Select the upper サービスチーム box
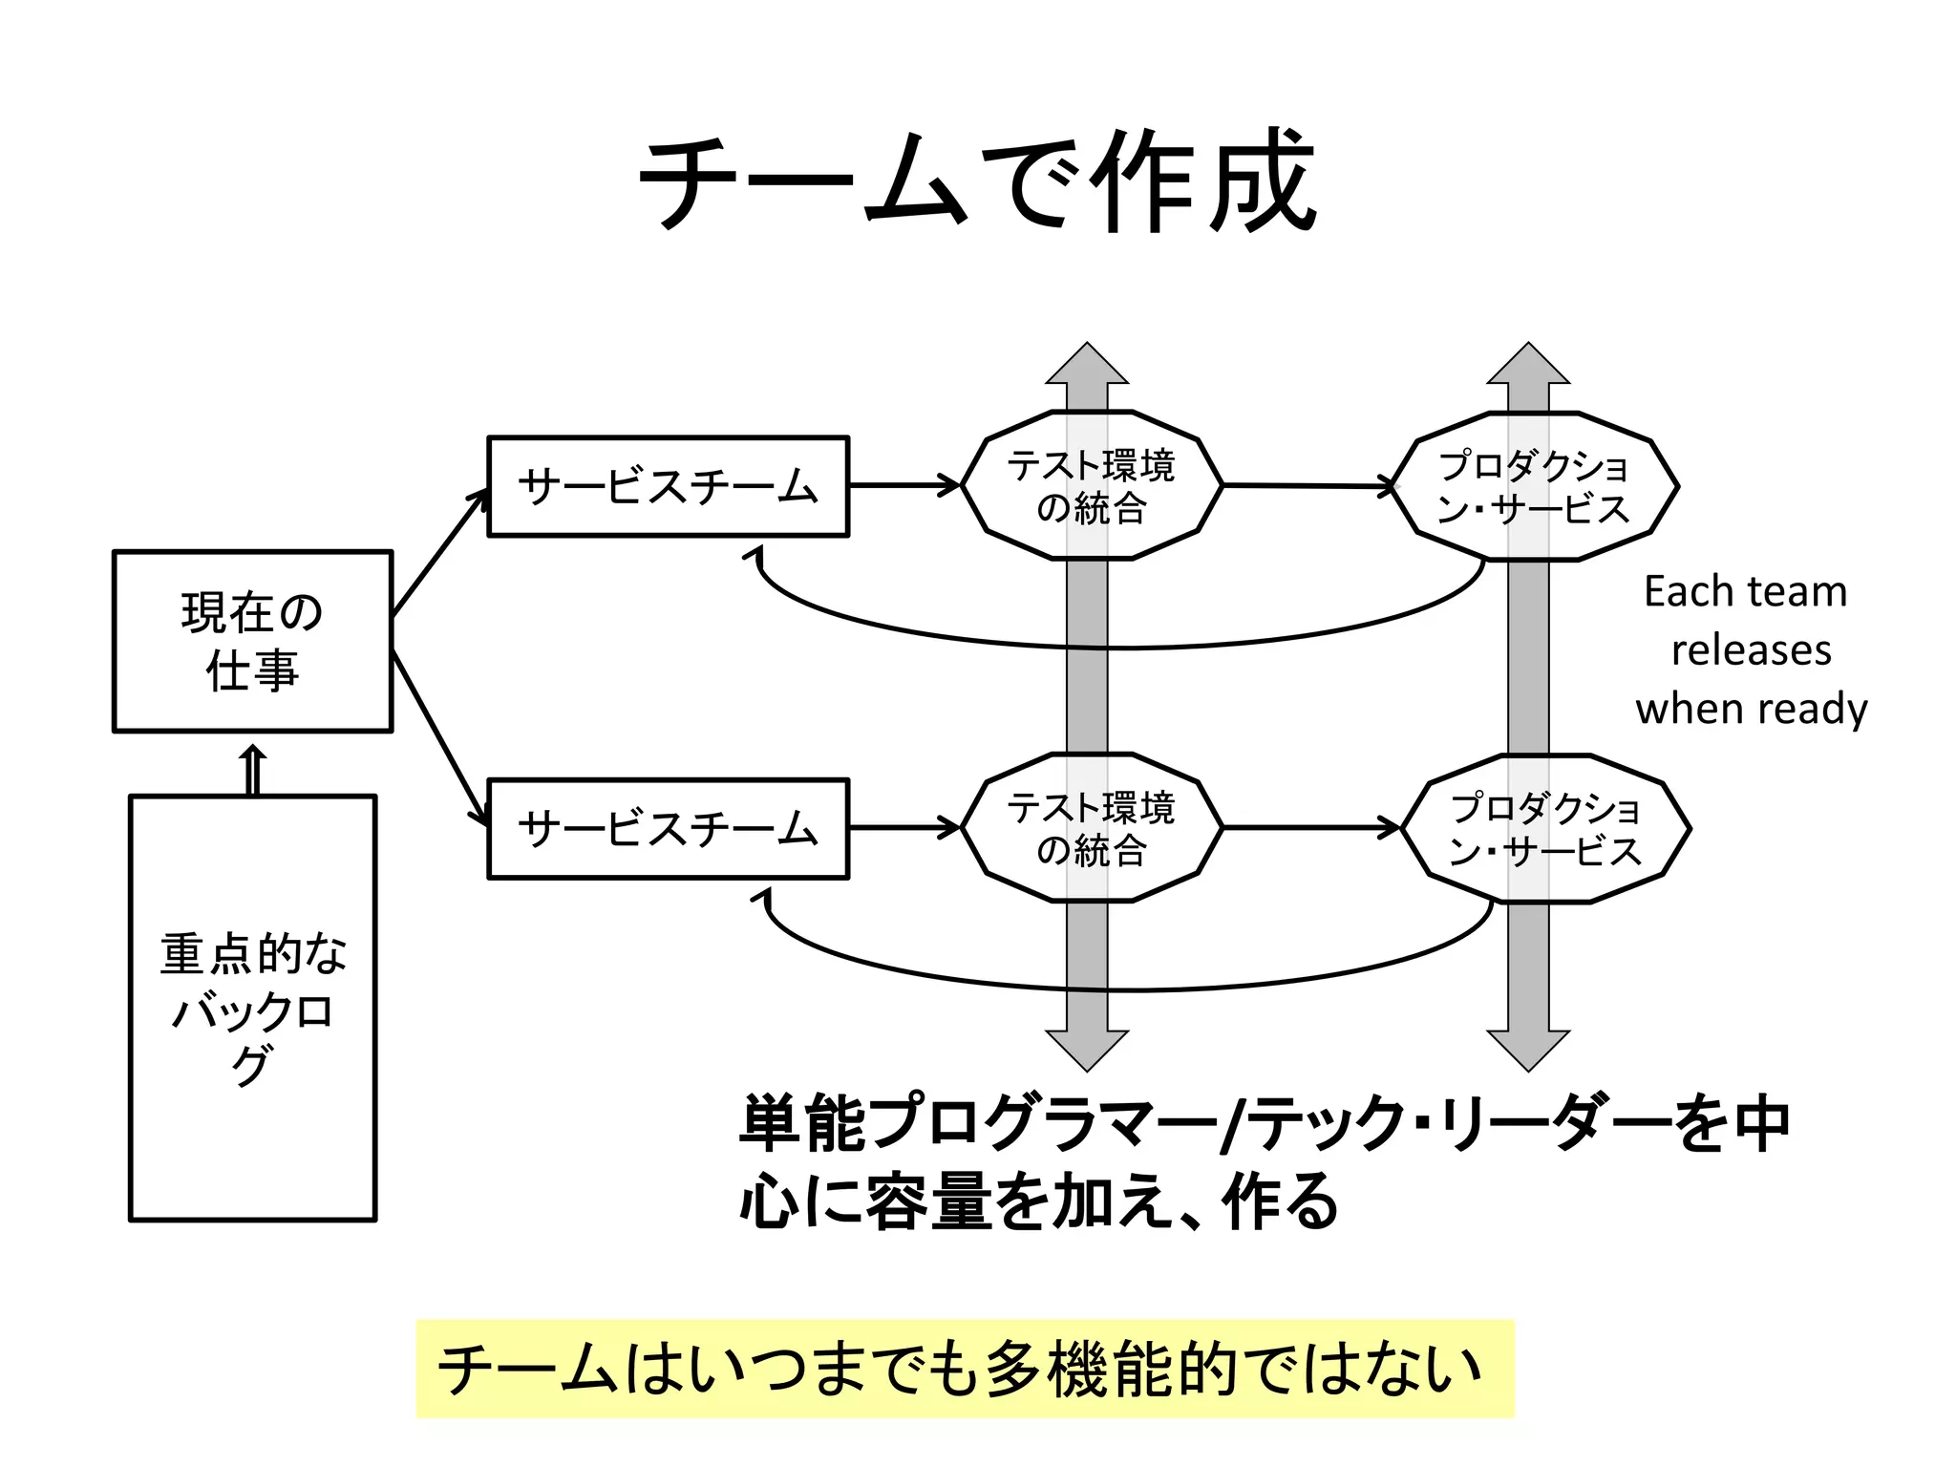668,487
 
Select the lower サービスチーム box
668,828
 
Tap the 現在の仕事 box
252,641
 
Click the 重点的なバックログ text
252,1008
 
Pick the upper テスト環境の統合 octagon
1091,486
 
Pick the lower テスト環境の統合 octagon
1091,828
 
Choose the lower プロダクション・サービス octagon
1544,828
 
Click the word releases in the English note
1751,650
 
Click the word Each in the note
1683,592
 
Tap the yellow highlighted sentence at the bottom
965,1368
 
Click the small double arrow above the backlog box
252,770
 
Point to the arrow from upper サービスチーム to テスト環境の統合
904,485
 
